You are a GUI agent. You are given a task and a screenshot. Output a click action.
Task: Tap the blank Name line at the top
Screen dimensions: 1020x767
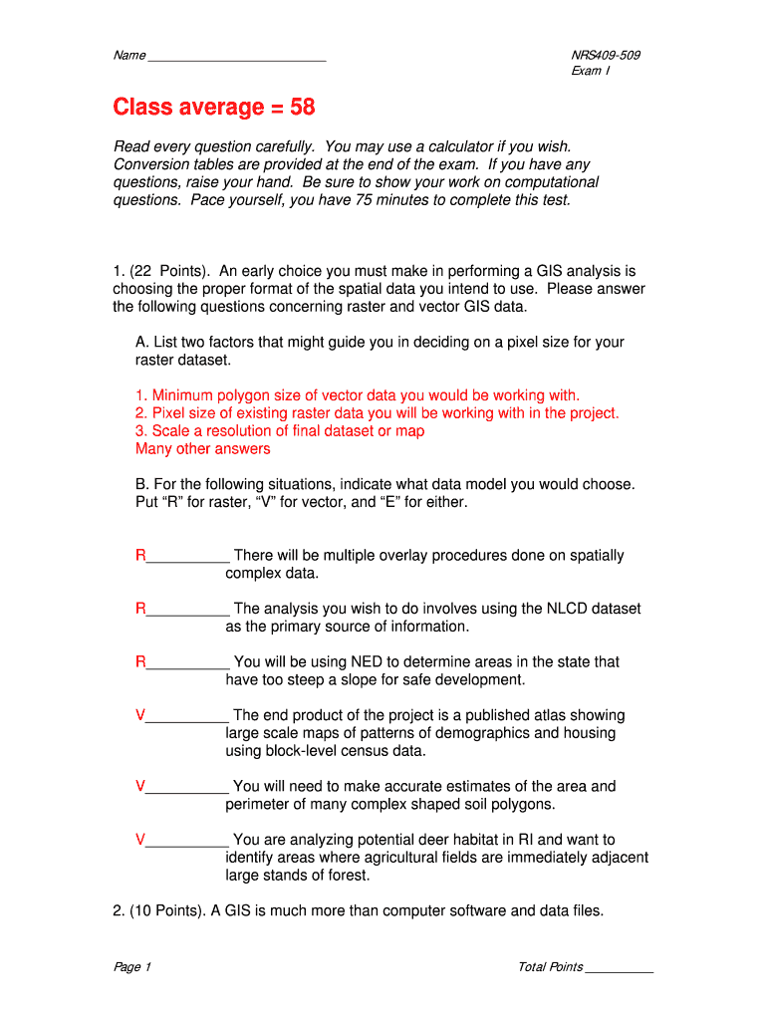click(x=236, y=58)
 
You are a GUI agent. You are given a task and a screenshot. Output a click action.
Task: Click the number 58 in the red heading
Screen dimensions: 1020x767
click(x=303, y=107)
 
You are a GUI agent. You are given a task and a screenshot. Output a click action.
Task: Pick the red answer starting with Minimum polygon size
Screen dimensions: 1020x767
click(x=357, y=395)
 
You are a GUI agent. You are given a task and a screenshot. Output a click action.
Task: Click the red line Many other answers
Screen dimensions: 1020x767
click(x=202, y=449)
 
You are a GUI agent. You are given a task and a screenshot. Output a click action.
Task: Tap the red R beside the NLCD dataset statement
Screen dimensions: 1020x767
click(x=140, y=609)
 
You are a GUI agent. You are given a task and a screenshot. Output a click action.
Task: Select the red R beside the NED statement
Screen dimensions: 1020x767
click(x=140, y=662)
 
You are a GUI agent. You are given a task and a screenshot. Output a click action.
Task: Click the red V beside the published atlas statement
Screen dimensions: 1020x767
click(x=140, y=715)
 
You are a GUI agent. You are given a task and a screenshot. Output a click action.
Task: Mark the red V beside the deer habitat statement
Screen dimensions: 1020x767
click(x=140, y=840)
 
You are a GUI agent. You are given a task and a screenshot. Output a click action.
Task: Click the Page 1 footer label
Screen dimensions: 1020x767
click(x=131, y=967)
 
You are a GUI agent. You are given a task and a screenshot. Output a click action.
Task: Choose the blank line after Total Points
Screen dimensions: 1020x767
click(x=620, y=969)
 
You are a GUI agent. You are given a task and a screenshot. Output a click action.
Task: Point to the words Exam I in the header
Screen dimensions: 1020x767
click(x=591, y=72)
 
